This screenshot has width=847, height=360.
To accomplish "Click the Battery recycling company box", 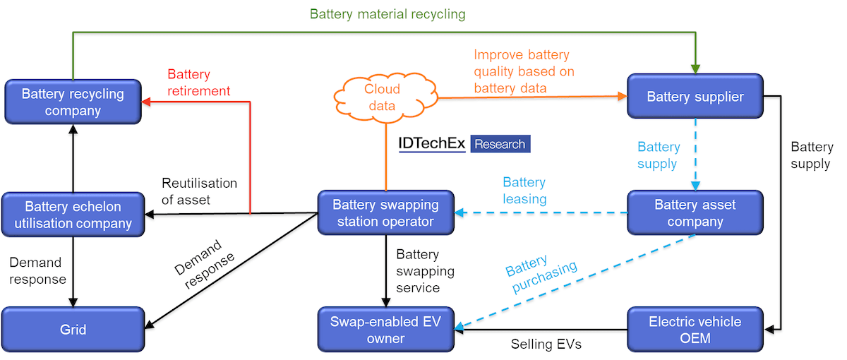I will click(x=73, y=102).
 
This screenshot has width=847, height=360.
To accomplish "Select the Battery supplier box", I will click(x=695, y=97).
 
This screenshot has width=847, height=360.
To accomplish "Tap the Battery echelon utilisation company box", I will click(x=73, y=215).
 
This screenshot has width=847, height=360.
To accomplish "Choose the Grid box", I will click(x=73, y=330).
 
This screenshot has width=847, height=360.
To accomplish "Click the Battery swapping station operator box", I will click(x=385, y=213).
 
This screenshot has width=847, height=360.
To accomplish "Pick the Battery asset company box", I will click(x=695, y=213).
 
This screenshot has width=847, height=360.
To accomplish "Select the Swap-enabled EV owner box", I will click(x=385, y=330).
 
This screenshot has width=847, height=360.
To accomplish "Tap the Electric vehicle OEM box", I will click(x=695, y=330).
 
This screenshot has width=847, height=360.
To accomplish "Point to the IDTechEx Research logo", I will click(x=464, y=144).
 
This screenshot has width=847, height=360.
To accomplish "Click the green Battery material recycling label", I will click(x=388, y=14).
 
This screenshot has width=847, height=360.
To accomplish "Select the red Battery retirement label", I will click(x=198, y=83).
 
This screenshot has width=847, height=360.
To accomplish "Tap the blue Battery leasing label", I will click(x=524, y=191).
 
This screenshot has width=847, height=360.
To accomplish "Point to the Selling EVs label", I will click(x=546, y=345).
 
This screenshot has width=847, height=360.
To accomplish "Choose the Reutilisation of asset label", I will click(x=199, y=191).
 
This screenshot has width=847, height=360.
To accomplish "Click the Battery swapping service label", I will click(x=425, y=271).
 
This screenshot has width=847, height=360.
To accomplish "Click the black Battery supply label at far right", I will click(x=811, y=155).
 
